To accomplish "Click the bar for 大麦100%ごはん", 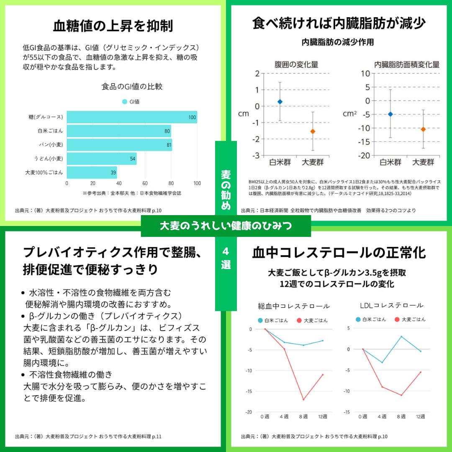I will click(92, 172).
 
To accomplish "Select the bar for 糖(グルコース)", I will click(132, 117).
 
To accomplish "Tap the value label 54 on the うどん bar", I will click(133, 159).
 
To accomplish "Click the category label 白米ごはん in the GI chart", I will click(50, 131).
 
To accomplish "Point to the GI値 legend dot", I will click(124, 102).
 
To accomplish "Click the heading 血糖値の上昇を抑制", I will click(113, 26).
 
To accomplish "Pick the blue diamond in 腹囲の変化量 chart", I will click(280, 102).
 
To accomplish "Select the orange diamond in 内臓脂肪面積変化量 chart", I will click(423, 129).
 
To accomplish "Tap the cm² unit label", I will click(349, 113).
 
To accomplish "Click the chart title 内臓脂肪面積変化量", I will click(406, 64).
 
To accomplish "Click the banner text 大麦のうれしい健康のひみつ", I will click(226, 226).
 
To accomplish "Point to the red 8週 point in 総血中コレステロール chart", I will click(303, 399).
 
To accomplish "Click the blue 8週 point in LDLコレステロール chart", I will click(401, 336).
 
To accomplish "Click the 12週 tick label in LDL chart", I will click(420, 416).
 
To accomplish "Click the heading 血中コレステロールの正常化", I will click(339, 253).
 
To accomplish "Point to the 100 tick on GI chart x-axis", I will click(197, 183).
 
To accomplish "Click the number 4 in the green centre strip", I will click(226, 252).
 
